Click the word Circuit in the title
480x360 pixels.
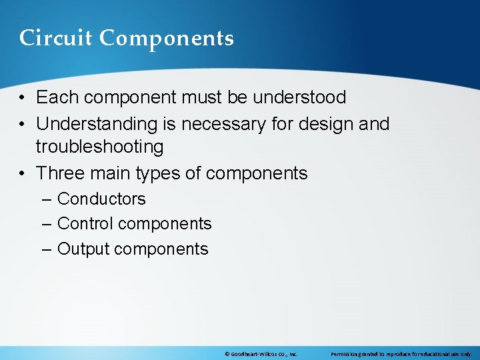(56, 38)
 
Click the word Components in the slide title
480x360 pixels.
(167, 38)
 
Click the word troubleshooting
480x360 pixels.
(99, 147)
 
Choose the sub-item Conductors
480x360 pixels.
(101, 199)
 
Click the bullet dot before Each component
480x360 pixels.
(23, 98)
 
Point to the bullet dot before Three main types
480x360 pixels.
(23, 174)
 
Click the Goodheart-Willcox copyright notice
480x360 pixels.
(261, 354)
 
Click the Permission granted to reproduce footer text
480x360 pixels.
(401, 354)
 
